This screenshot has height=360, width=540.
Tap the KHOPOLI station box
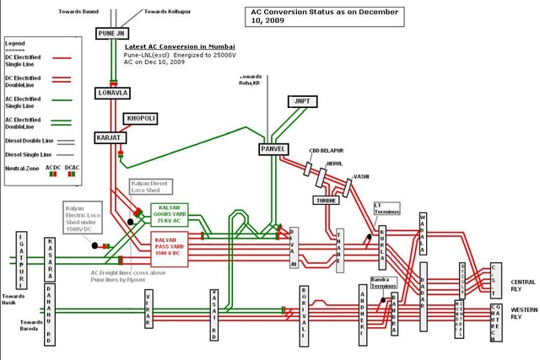tap(140, 118)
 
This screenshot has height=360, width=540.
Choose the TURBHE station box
tap(327, 201)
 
